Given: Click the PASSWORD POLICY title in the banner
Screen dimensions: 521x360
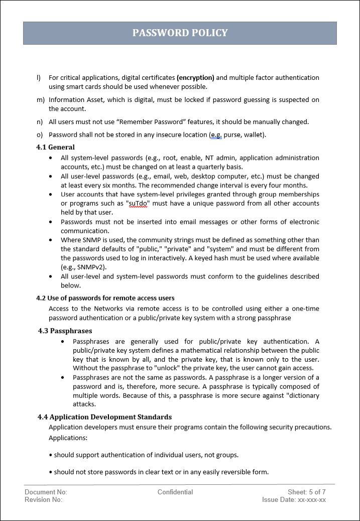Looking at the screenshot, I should (x=180, y=33).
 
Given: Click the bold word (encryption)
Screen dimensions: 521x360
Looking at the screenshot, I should (x=195, y=78).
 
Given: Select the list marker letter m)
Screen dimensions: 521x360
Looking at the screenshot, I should (x=40, y=100).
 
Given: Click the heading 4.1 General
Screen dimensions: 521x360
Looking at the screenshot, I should (x=55, y=147).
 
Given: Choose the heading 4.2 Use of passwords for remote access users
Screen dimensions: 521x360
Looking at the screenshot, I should (x=105, y=298).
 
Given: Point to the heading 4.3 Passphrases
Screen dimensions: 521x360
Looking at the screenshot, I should (x=65, y=331).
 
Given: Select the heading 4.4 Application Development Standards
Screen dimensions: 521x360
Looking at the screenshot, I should (x=104, y=417).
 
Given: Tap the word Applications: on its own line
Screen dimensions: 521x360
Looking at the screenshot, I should (x=68, y=438).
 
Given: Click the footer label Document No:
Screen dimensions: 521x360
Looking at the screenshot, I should (x=46, y=492).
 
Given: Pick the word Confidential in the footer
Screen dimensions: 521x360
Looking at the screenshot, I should (x=175, y=492).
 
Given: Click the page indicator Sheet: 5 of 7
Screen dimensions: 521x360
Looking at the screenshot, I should (x=307, y=492).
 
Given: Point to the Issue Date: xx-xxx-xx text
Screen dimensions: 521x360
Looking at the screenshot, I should (x=294, y=499).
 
